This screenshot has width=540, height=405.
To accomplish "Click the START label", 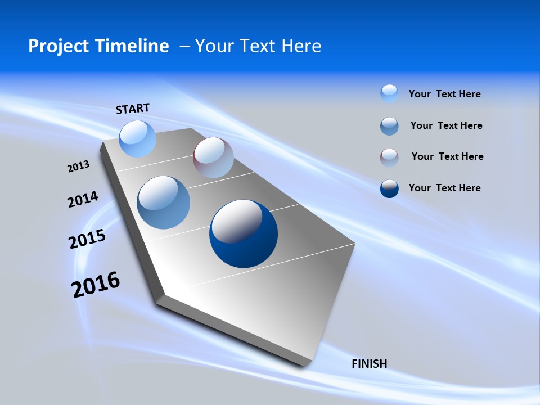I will [133, 109].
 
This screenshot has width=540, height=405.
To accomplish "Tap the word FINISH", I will [369, 364].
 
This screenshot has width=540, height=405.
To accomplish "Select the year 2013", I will [79, 166].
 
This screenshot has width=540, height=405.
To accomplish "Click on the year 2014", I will [83, 200].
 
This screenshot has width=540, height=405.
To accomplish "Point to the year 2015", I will [87, 239].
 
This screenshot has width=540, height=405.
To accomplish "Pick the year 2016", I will [96, 284].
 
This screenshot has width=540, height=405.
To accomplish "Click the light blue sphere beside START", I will [137, 138].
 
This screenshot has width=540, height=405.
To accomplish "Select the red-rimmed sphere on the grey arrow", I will [213, 157].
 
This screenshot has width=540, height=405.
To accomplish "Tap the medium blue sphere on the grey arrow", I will [164, 202].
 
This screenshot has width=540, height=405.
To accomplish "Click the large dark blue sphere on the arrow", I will [244, 233].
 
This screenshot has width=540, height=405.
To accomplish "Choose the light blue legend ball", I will [389, 93].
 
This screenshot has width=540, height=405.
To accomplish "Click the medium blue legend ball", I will [389, 126].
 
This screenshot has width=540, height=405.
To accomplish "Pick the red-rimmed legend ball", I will [389, 157].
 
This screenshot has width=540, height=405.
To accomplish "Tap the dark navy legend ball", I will [389, 188].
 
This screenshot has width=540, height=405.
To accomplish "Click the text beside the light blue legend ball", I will [444, 94].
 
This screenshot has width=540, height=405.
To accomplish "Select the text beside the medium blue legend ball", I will [446, 125].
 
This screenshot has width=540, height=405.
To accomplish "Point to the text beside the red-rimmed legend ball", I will [447, 156].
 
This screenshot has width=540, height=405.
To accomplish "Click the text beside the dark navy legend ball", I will [444, 188].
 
